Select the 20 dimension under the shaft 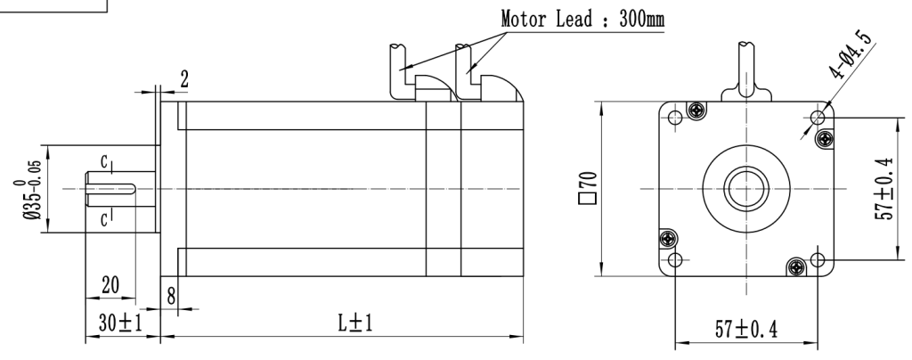[110, 286]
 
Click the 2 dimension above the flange [184, 78]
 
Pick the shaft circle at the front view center [746, 188]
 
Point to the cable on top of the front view [746, 67]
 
